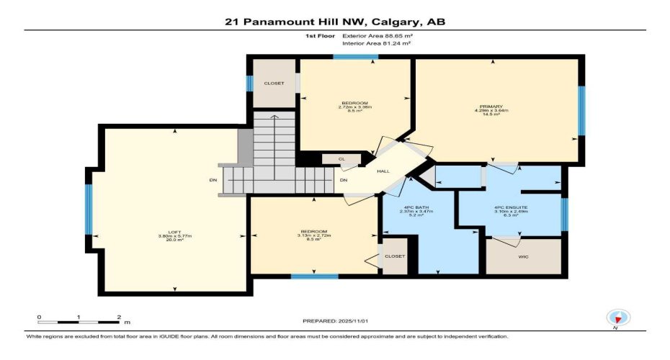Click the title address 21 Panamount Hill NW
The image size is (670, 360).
334,22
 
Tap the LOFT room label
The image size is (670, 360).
174,231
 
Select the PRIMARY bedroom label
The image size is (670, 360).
496,106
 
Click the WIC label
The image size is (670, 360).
524,256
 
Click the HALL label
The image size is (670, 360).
383,171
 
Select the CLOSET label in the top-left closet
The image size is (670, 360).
274,83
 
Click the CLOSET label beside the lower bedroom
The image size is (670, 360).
395,256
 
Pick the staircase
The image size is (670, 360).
274,155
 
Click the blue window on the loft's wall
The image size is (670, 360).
89,210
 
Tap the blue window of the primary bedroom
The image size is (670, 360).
581,111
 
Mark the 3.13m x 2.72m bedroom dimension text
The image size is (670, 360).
313,236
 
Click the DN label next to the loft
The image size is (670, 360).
213,179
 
